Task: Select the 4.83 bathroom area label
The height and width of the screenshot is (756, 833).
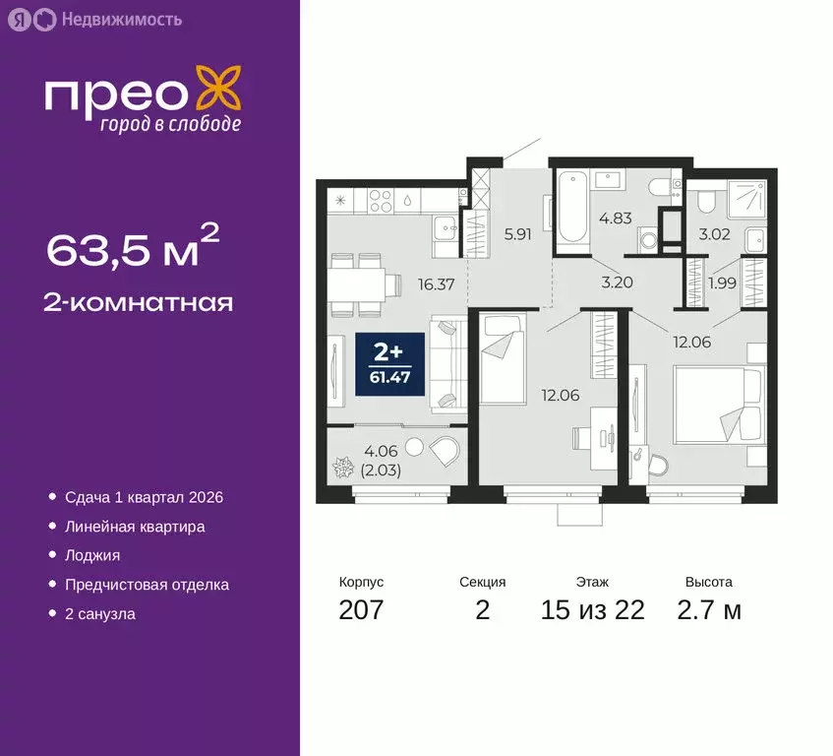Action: (x=616, y=219)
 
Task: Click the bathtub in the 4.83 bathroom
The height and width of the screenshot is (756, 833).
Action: (x=570, y=209)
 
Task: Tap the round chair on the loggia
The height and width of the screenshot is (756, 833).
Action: (x=444, y=451)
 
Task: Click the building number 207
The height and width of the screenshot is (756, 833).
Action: (x=360, y=609)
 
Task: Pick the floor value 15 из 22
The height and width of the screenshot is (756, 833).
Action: (x=592, y=609)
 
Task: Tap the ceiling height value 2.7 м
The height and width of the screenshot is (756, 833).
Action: (x=708, y=609)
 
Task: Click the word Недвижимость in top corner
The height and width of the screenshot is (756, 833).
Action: (x=120, y=18)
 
